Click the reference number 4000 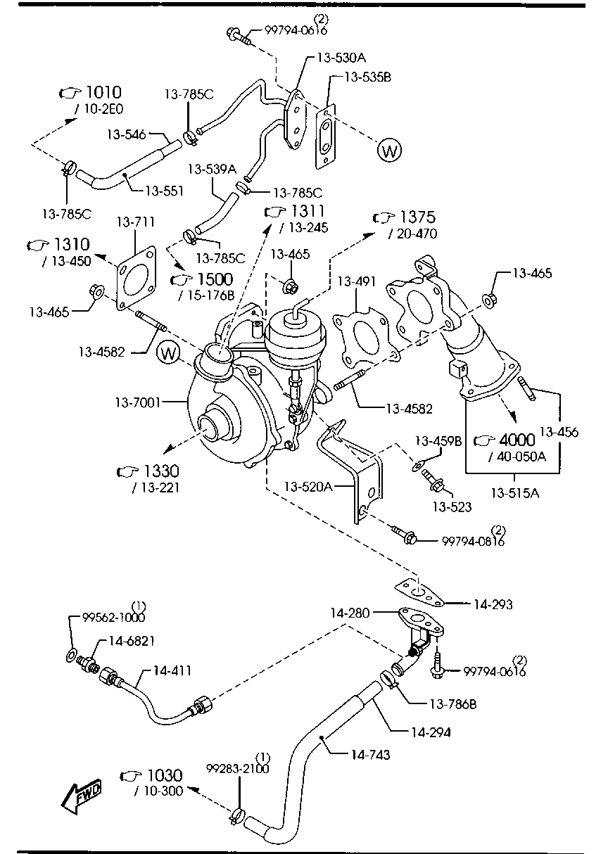[x=517, y=440]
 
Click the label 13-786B [x=443, y=703]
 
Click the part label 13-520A [x=308, y=486]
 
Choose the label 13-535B [x=367, y=77]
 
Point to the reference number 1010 [x=103, y=93]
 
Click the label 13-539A [x=212, y=169]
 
